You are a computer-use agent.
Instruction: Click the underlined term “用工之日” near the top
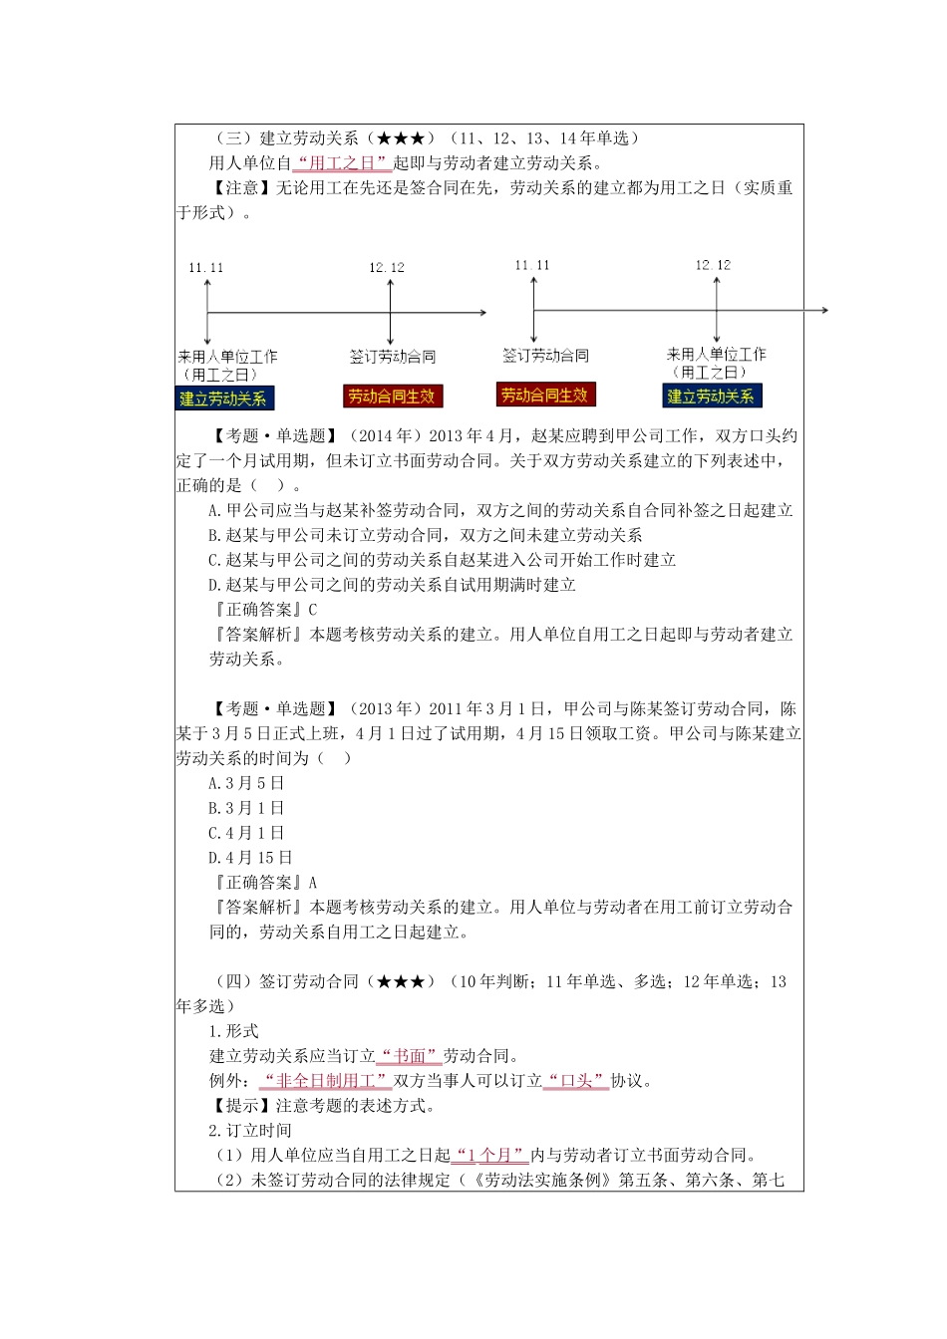point(341,163)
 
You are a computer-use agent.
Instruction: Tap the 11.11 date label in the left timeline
point(206,268)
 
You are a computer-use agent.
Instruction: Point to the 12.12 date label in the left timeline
point(387,268)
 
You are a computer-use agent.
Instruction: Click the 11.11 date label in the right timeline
point(532,265)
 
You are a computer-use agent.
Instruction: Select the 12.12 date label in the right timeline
point(713,265)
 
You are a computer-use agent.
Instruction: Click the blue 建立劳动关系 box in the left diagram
point(223,399)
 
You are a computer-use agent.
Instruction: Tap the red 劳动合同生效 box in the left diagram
point(392,397)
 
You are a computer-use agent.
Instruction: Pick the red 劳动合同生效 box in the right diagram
point(544,395)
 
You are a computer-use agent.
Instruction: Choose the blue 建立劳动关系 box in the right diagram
point(711,397)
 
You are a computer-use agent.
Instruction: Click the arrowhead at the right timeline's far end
point(824,311)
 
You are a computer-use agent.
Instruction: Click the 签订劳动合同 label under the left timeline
point(393,357)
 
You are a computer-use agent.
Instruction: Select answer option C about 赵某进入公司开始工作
point(442,560)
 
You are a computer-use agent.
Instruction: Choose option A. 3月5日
point(246,783)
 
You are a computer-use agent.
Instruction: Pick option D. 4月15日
point(250,858)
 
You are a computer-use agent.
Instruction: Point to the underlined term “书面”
point(410,1056)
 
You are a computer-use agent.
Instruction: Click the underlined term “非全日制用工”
point(325,1081)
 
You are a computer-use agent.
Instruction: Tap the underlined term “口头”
point(576,1081)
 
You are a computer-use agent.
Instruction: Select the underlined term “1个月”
point(490,1156)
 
